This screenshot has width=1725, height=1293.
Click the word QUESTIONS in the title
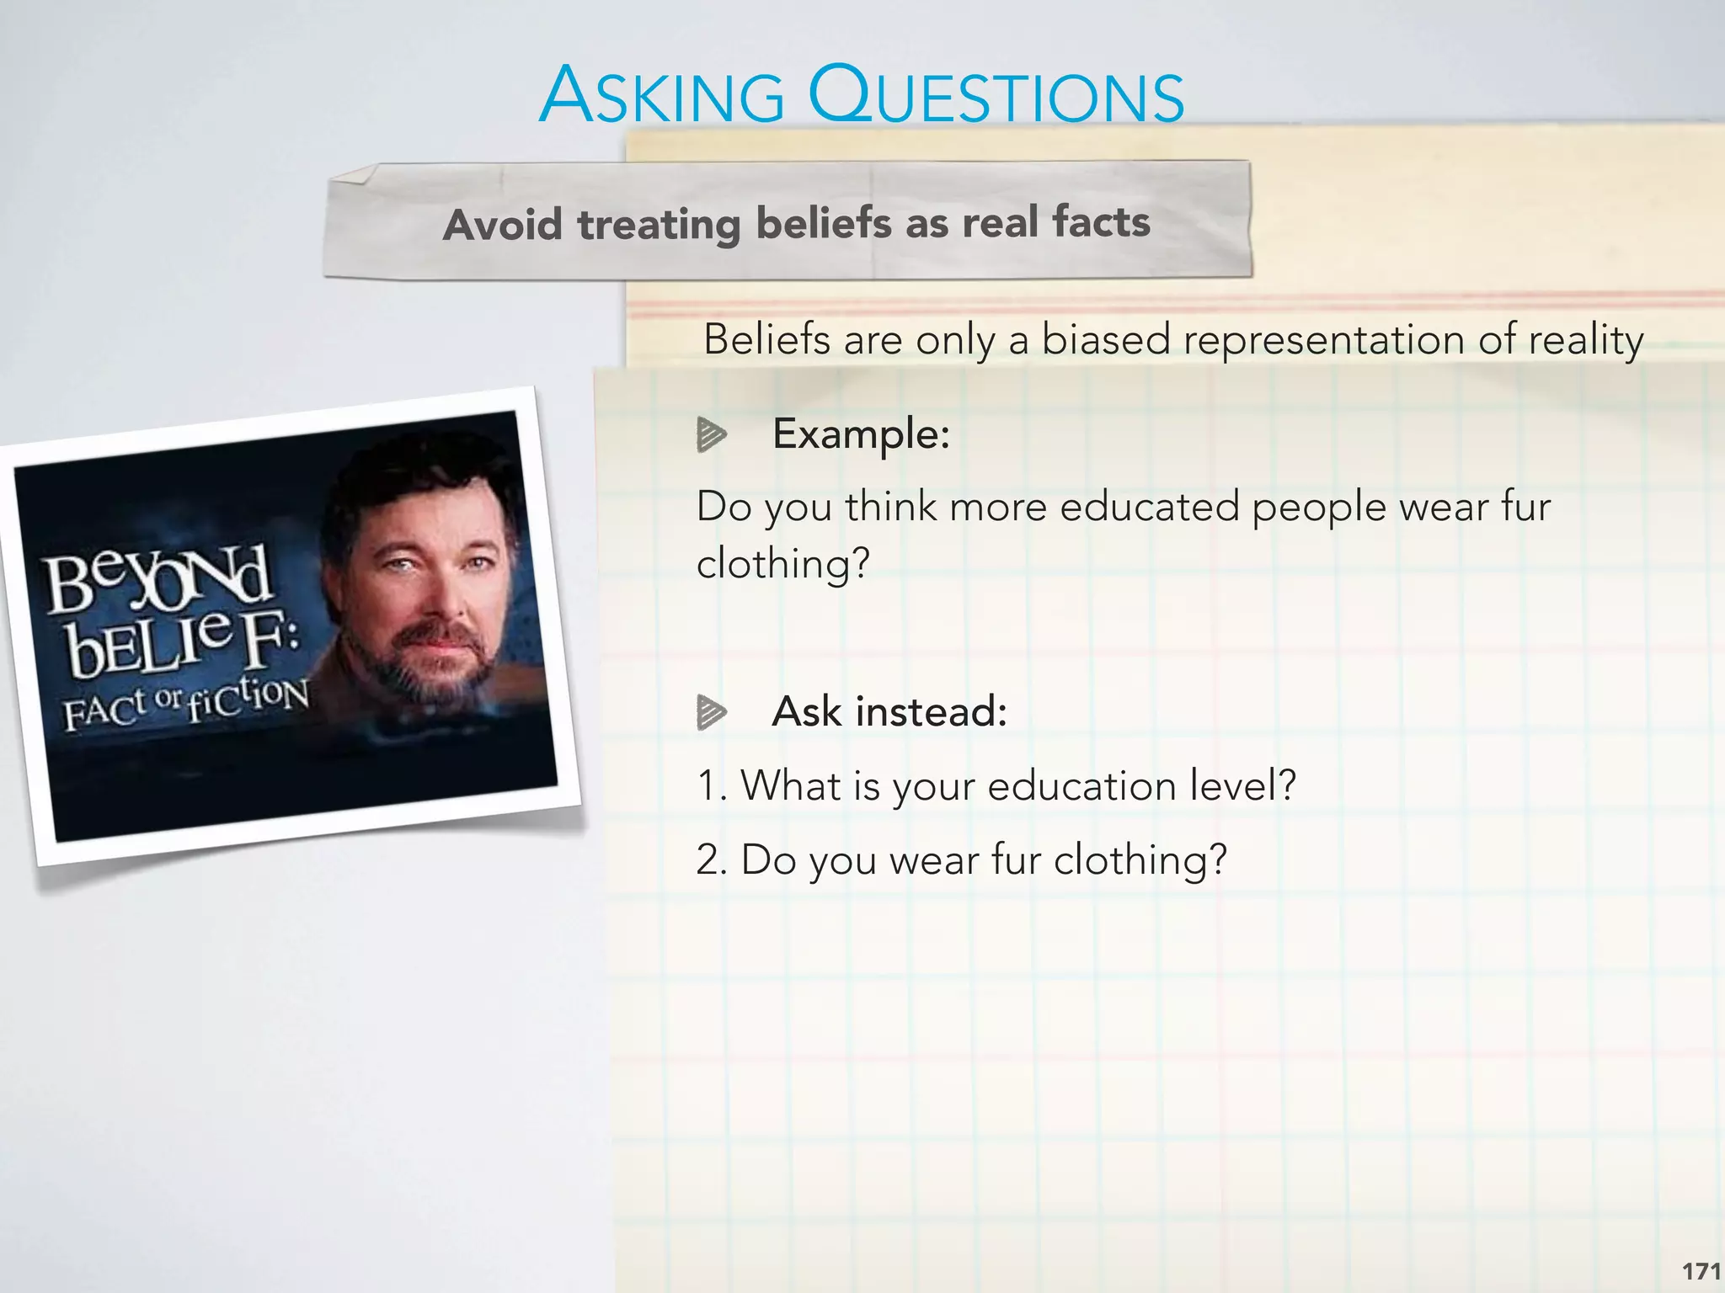click(x=996, y=97)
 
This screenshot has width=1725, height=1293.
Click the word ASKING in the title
click(x=662, y=97)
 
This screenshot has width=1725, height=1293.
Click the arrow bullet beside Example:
click(x=711, y=435)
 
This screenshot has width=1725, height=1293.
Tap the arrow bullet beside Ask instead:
click(x=711, y=712)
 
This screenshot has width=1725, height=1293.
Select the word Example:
click(x=861, y=434)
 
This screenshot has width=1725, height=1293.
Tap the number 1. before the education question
click(x=712, y=786)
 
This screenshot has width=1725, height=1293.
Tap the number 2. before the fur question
click(x=712, y=860)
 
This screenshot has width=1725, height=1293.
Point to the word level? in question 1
click(x=1242, y=786)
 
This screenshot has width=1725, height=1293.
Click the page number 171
click(x=1701, y=1271)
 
